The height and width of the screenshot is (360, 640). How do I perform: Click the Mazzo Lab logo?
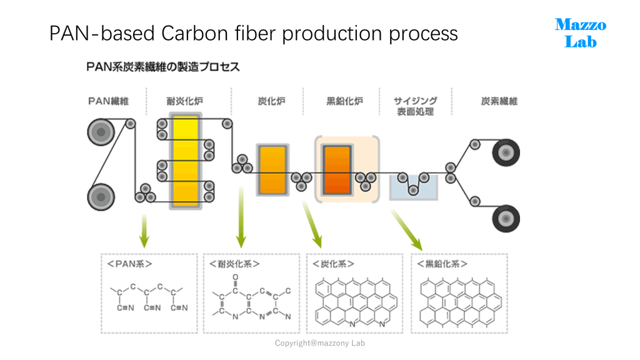coord(581,33)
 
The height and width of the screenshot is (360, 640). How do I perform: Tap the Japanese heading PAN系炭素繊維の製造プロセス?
coord(163,66)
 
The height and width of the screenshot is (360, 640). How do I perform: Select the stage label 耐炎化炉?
coord(184,101)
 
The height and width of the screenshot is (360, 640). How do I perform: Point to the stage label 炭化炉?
coord(271,101)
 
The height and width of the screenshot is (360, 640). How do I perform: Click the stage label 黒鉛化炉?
coord(344,101)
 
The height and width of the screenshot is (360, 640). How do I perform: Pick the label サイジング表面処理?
coord(416,106)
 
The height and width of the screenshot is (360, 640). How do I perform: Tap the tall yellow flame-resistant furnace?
coord(186,161)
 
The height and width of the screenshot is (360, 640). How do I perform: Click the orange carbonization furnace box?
coord(272,169)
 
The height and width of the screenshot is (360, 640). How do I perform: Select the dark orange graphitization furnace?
coord(337,169)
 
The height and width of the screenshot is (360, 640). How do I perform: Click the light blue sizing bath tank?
coord(414,187)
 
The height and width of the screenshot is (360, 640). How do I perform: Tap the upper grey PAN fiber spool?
coord(101,132)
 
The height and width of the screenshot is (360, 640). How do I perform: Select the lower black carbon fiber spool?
coord(506,218)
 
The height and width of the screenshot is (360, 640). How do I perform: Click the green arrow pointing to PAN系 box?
coord(144,231)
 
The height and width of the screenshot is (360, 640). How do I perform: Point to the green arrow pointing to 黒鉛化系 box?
coord(406,230)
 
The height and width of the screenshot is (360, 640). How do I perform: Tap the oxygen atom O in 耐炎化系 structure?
coord(236,277)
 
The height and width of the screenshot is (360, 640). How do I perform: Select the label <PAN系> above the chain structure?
coord(129,264)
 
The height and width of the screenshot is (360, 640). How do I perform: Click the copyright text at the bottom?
coord(319,343)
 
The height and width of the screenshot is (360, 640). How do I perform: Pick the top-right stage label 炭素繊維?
coord(499,101)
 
